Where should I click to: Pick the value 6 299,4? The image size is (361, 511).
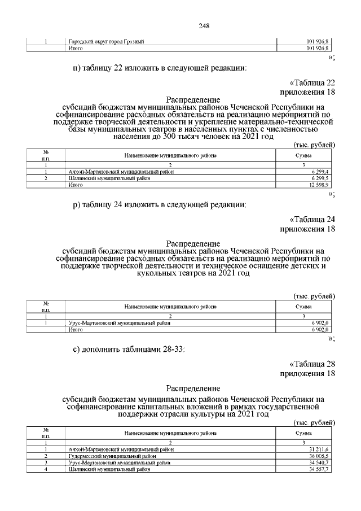pos(319,172)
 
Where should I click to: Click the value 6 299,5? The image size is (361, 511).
pos(319,178)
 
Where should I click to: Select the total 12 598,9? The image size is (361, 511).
pos(318,185)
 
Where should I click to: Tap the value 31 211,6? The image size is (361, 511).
pos(318,449)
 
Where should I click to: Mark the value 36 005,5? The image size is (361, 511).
pos(318,456)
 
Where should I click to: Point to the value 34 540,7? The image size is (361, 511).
pos(318,462)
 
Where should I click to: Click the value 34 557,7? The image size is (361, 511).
pos(318,469)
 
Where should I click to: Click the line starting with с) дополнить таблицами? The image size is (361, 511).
pos(129,349)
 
